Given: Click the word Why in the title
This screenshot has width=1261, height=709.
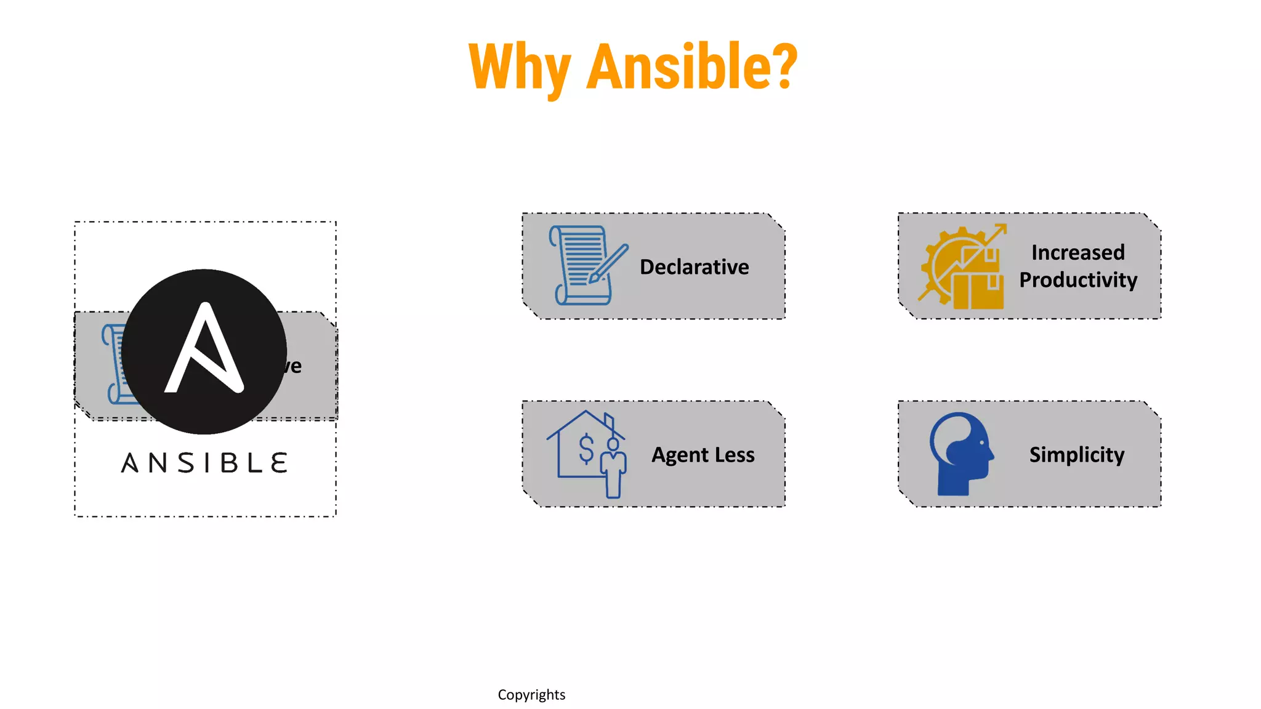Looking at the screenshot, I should click(519, 66).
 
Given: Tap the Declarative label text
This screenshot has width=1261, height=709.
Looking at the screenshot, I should click(694, 267).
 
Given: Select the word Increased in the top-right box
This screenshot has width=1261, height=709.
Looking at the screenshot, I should click(1078, 252).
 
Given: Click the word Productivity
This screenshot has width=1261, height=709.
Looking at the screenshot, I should click(1078, 280).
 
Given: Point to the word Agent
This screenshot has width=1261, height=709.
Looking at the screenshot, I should click(680, 455).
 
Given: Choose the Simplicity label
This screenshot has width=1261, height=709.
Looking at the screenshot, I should click(1076, 455).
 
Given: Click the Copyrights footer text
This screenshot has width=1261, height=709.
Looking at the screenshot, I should click(531, 695).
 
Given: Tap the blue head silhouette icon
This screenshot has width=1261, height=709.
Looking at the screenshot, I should click(961, 454).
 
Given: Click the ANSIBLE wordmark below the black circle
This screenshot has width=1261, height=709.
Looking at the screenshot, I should click(204, 463).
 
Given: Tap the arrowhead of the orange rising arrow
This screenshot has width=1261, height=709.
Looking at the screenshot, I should click(1001, 229).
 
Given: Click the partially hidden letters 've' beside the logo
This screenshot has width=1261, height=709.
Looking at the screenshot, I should click(294, 366).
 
